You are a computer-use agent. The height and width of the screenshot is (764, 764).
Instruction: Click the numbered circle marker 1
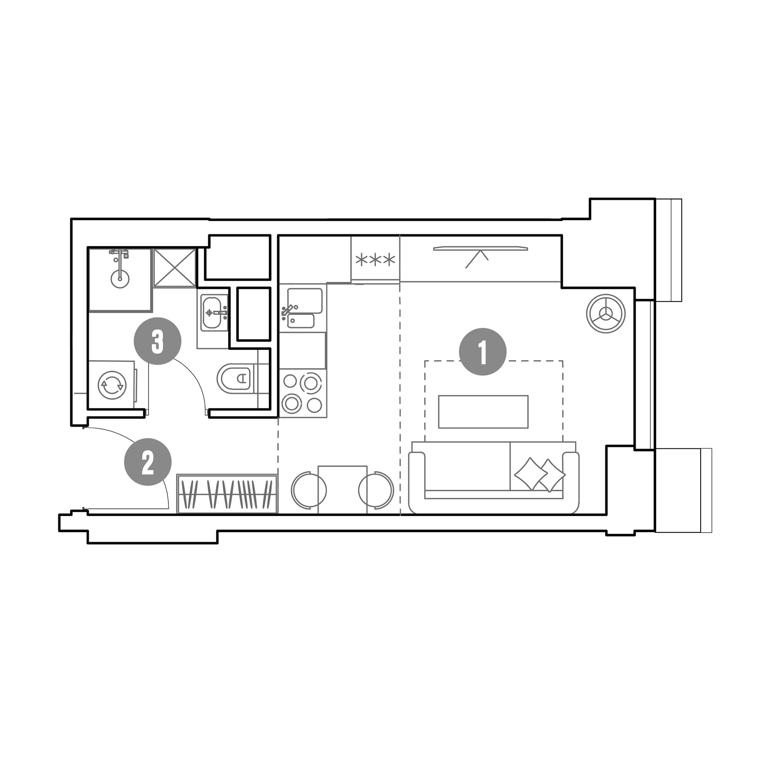pos(482,351)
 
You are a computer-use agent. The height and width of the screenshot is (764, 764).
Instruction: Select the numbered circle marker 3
pos(157,341)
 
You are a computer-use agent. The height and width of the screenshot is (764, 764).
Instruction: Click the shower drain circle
pos(120,278)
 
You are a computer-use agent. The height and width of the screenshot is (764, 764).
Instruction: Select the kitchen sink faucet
pos(288,311)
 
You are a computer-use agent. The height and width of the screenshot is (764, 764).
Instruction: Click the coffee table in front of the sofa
pos(483,411)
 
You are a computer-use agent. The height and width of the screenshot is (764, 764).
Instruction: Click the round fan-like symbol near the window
pos(605,314)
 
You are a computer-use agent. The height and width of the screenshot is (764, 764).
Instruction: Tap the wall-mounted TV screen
pos(481,248)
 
